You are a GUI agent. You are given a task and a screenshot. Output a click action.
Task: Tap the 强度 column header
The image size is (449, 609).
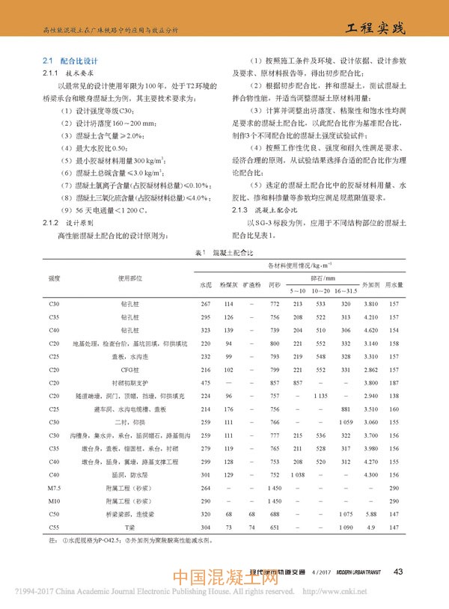54,278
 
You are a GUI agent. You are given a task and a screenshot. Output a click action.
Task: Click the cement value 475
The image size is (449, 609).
206,382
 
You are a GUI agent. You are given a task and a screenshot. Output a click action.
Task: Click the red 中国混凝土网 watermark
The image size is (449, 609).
224,581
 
